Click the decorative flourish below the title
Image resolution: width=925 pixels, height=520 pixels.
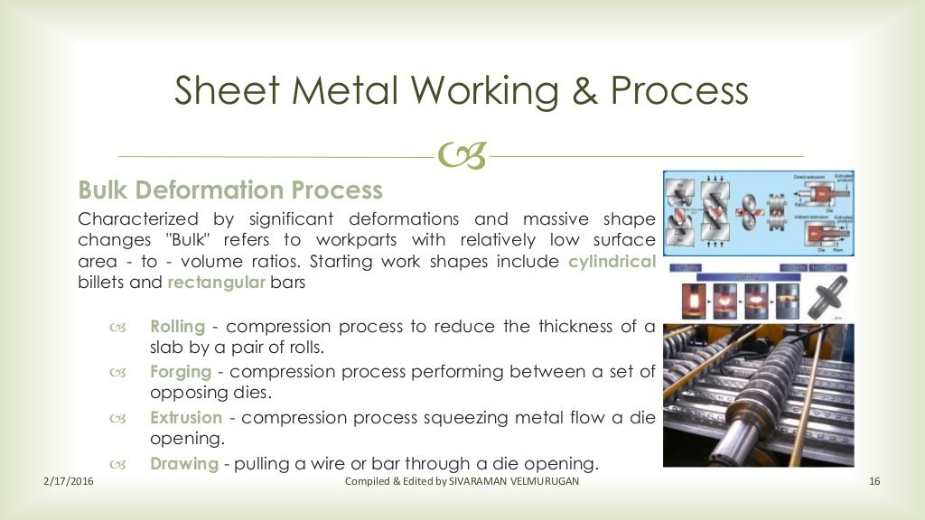point(462,157)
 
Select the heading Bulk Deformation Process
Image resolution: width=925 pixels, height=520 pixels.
point(230,190)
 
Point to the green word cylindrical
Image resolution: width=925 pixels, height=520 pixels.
point(612,262)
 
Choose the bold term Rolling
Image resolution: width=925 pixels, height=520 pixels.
point(177,327)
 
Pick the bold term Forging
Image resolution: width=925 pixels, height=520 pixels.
point(181,372)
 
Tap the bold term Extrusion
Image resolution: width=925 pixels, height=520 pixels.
point(186,418)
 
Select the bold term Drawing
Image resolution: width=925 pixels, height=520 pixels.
point(184,464)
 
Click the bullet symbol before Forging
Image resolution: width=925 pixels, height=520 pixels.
point(117,373)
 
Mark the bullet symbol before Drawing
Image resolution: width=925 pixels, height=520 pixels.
point(117,465)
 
